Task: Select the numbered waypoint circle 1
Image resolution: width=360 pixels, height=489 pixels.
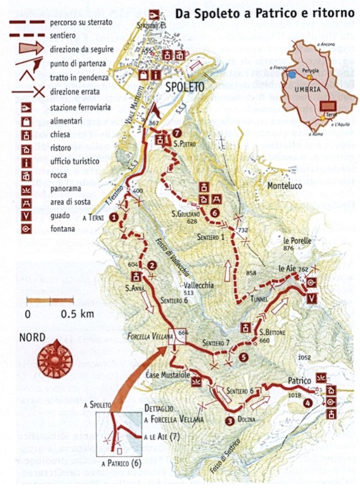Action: pos(114,217)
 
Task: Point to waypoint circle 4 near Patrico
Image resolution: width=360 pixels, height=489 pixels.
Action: pos(307,403)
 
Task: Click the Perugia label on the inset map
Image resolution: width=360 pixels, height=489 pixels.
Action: pos(310,70)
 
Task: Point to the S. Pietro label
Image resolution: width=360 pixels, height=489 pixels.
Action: pos(180,144)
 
